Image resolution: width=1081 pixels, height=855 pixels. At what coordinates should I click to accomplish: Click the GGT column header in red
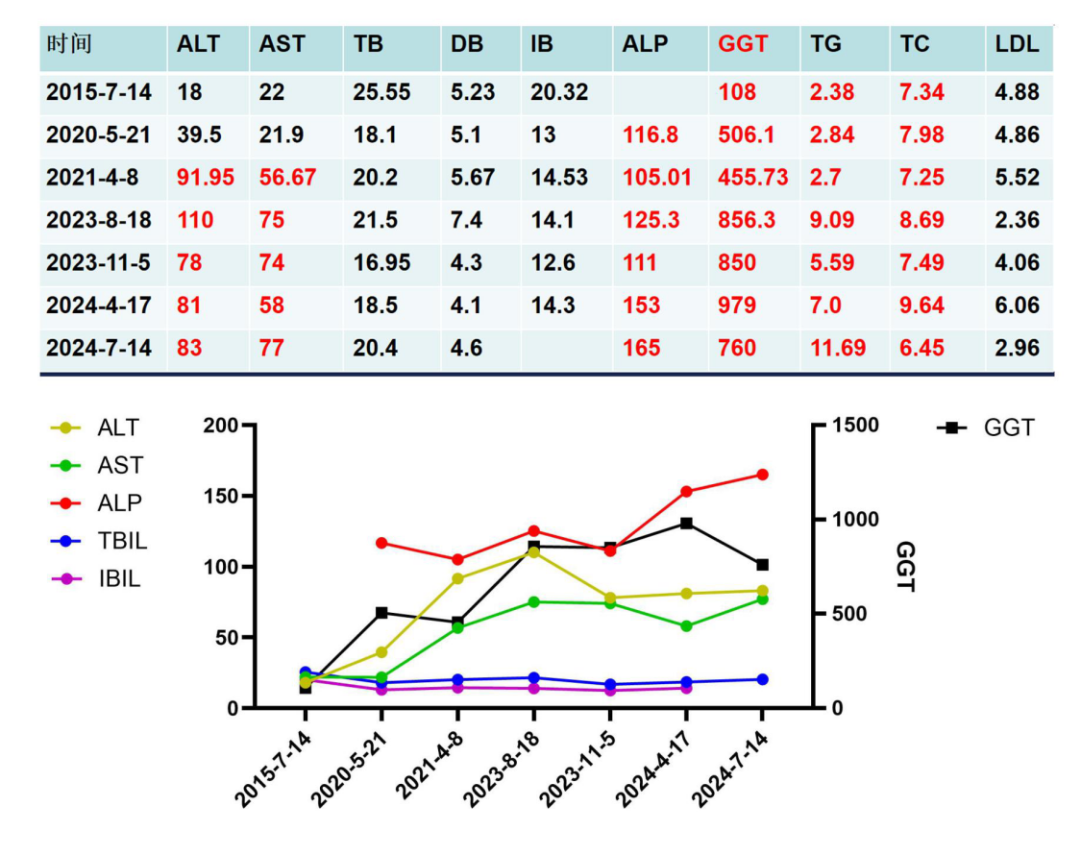coord(742,44)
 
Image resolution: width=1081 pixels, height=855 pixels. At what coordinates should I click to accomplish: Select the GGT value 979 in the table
coord(737,305)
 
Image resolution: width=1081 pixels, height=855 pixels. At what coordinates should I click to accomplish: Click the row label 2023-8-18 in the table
coord(99,220)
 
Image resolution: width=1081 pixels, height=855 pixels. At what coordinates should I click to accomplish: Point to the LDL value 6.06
coord(1017,305)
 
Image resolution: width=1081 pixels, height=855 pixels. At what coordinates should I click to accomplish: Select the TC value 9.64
coord(921,305)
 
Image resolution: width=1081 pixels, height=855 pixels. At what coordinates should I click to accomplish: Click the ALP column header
coord(646,44)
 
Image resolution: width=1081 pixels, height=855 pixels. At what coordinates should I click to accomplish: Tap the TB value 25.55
coord(381,92)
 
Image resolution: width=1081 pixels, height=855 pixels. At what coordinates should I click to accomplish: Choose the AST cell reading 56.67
coord(287,178)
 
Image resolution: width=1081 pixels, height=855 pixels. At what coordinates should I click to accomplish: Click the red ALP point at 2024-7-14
coord(762,475)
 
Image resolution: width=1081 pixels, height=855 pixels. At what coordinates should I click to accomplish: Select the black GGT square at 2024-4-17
coord(686,524)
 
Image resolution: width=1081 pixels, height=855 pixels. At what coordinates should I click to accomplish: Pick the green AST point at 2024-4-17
coord(686,626)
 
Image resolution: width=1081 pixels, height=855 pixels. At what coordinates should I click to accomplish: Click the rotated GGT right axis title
coord(905,567)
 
